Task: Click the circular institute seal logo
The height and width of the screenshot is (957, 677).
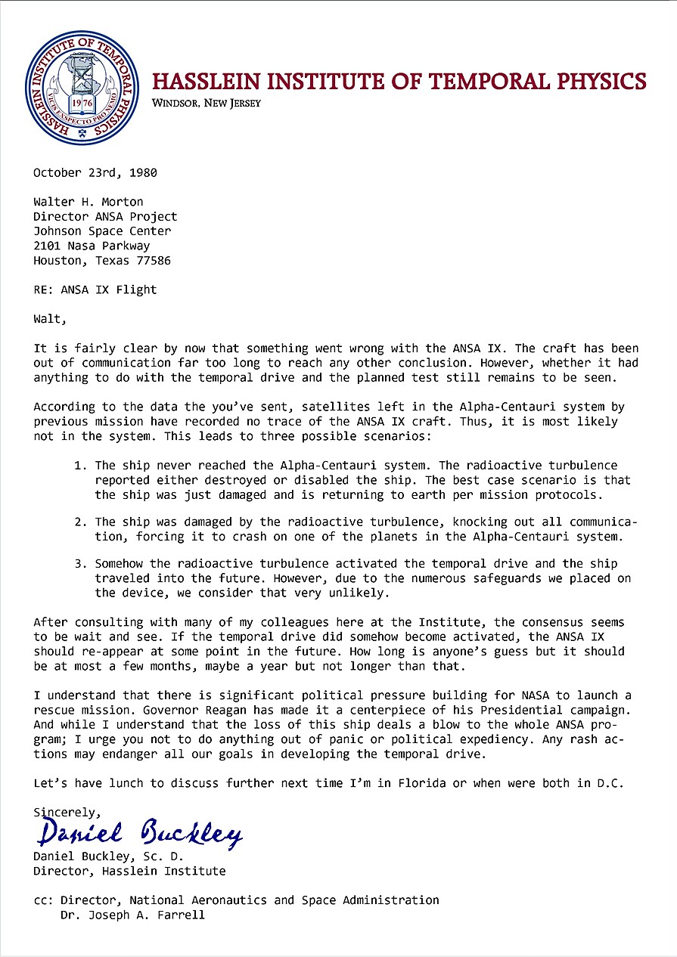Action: (82, 88)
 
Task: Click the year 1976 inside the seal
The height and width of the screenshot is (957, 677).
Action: (81, 103)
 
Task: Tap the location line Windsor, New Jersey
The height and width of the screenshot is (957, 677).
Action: (206, 104)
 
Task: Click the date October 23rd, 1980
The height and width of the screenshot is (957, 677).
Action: (95, 172)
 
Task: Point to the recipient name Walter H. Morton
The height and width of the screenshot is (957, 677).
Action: (89, 202)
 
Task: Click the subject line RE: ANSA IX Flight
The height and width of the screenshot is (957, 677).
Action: (95, 290)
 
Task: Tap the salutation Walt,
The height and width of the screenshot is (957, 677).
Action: (50, 319)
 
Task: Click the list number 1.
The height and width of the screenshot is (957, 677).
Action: (79, 466)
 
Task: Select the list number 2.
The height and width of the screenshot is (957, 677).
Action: (79, 522)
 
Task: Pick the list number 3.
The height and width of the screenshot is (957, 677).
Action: (79, 564)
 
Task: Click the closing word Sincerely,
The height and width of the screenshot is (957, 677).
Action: (67, 812)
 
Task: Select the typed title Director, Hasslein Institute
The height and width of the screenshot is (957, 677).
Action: (129, 871)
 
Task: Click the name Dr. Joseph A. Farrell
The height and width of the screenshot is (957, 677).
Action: (132, 915)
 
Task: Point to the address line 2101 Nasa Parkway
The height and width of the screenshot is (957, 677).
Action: (92, 246)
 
